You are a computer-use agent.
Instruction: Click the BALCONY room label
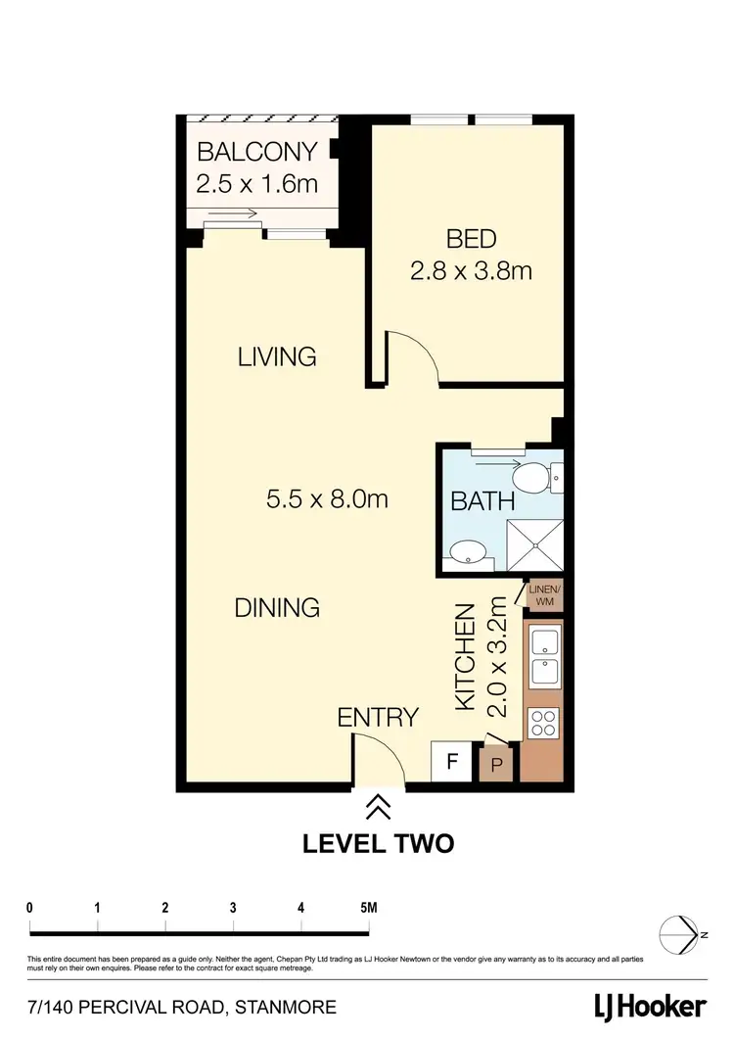click(x=256, y=153)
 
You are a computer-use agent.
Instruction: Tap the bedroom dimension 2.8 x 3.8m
click(x=471, y=270)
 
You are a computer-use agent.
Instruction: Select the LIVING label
click(x=277, y=356)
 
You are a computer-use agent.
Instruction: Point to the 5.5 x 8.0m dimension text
click(x=327, y=499)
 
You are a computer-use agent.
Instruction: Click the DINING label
click(x=277, y=607)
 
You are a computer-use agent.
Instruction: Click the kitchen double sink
click(x=543, y=658)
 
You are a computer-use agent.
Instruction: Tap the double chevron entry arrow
click(x=378, y=807)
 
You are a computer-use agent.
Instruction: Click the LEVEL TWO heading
click(x=378, y=842)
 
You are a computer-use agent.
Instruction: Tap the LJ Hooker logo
click(x=650, y=1006)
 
